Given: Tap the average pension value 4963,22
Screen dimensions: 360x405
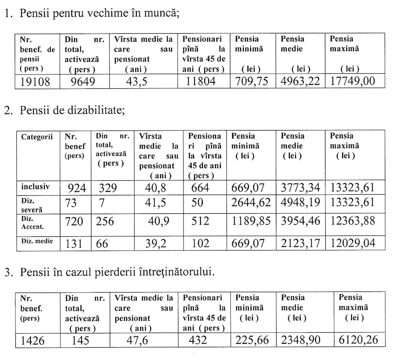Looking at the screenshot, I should pos(300,82).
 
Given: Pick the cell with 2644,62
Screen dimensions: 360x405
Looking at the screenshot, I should pos(252,203).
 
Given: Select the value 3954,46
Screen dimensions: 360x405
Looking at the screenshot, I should pos(300,220).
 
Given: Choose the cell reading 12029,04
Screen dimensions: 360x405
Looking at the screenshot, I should pos(352,243).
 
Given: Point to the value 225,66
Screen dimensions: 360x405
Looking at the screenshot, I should pos(252,340).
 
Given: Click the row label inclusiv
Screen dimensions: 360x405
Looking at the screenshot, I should pos(35,186).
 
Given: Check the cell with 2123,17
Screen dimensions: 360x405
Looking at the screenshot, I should pos(300,243).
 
